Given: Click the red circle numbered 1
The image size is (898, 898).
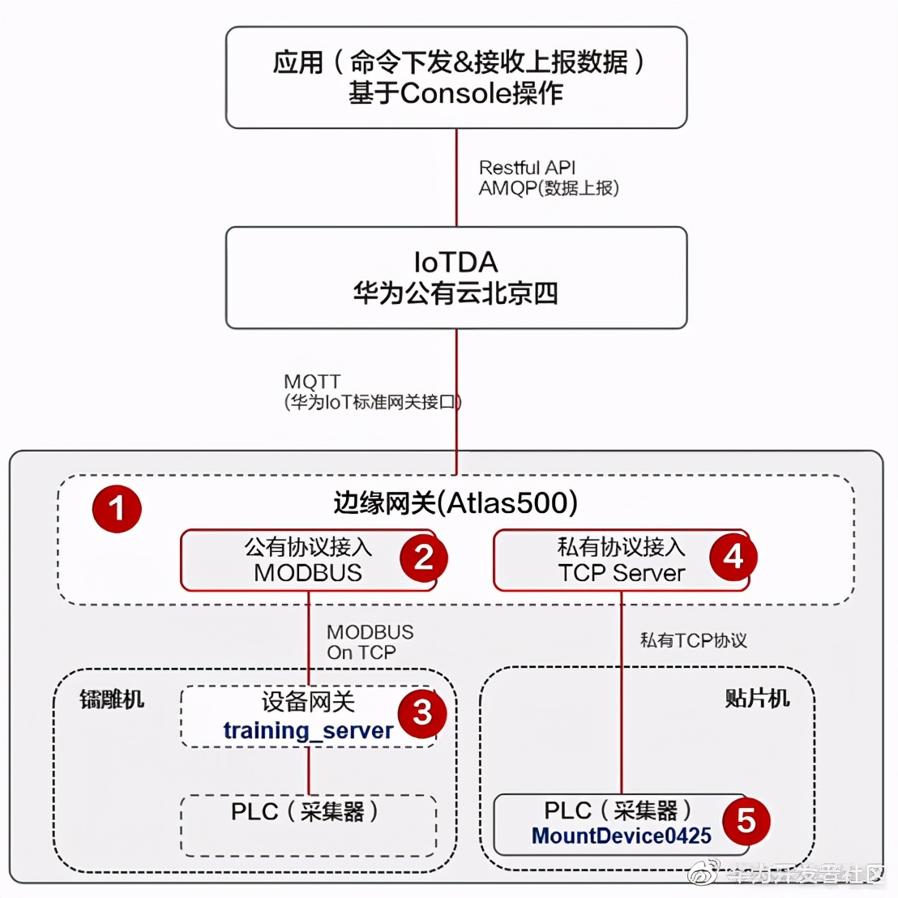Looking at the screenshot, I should coord(117,509).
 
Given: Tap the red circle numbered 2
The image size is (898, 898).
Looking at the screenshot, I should coord(422,557).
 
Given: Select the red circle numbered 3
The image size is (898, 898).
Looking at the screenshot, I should coord(422,713).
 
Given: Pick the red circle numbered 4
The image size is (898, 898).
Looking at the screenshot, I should coord(733,557).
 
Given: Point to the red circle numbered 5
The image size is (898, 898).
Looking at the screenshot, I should coord(746,820).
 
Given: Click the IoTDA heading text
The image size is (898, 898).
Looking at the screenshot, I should coord(455,262).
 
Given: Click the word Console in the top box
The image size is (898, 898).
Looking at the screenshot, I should coord(455,93).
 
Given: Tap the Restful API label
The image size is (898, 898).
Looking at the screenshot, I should coord(527,168).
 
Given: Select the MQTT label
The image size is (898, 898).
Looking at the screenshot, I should coord(312,381).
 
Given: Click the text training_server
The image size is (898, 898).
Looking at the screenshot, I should coord(308,730).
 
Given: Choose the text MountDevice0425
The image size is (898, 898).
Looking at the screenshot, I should coord(621,836).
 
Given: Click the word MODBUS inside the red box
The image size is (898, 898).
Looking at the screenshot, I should coord(308,573).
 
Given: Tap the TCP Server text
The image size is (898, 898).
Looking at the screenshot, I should coord(621,573).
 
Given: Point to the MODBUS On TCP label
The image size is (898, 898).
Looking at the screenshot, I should coord(370,642).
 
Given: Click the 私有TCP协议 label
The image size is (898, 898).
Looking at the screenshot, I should coord(693,640).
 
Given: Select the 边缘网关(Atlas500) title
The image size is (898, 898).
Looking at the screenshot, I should coord(455,502).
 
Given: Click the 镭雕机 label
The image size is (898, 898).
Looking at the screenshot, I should coord(112,699).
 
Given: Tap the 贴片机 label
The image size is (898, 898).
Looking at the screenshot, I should coord(756,698).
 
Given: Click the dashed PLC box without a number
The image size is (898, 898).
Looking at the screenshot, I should coord(308,825).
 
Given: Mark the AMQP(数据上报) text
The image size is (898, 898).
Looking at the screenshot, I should coord(549,188).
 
